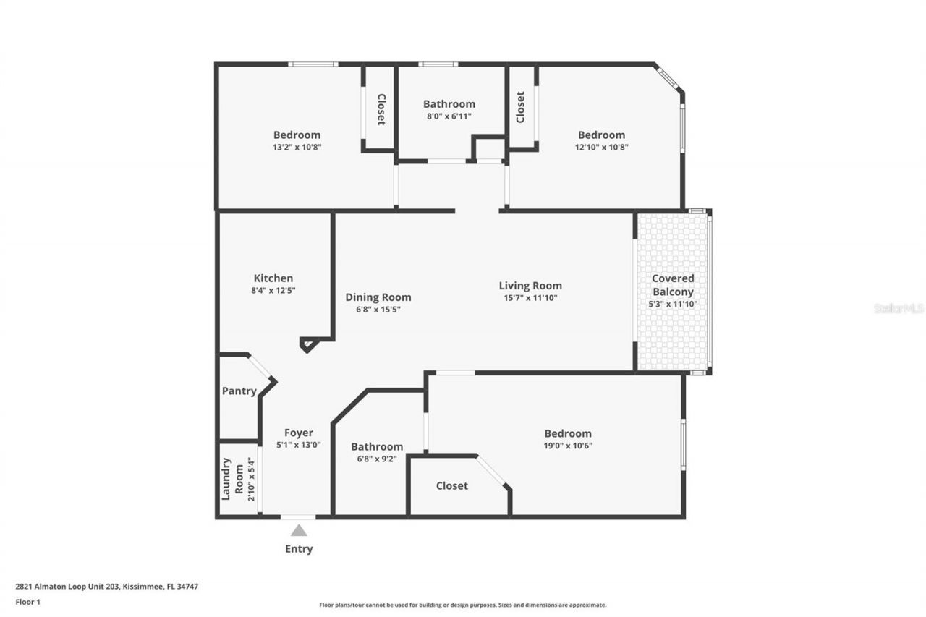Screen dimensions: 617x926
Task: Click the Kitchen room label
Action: (x=273, y=278)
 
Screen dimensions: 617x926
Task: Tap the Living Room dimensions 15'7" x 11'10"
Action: (x=530, y=298)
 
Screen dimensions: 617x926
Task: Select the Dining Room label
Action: (x=378, y=297)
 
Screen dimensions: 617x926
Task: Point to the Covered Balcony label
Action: (x=673, y=285)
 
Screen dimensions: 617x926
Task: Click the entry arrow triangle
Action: (x=299, y=531)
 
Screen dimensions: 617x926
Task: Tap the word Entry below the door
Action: (x=299, y=549)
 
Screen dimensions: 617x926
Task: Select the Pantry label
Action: (x=239, y=391)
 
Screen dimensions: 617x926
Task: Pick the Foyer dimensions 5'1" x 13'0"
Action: (x=299, y=446)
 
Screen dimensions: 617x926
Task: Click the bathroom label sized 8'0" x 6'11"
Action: (x=449, y=104)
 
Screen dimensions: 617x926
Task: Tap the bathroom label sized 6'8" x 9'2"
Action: (x=377, y=447)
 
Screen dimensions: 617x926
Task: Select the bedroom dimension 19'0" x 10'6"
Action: (x=568, y=446)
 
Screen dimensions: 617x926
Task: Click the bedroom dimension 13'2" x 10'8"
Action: (x=297, y=147)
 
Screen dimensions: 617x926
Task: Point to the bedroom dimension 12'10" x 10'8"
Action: (x=601, y=147)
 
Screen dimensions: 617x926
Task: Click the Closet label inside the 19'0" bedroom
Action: (x=452, y=486)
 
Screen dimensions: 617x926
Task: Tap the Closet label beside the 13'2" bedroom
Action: (x=381, y=109)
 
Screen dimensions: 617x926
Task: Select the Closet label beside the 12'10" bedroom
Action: (x=519, y=107)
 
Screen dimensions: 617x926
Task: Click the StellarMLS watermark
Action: (x=899, y=308)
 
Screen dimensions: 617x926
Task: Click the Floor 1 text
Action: (x=27, y=601)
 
